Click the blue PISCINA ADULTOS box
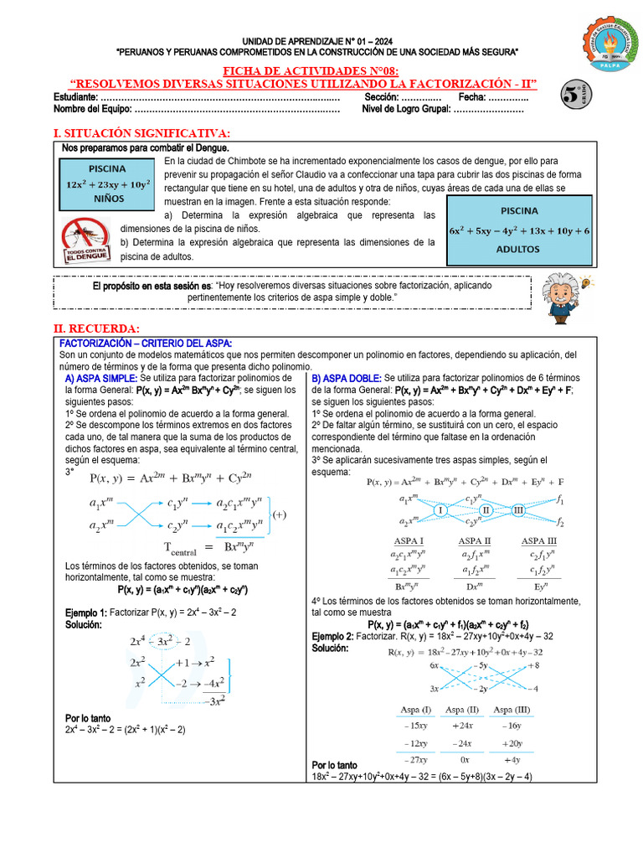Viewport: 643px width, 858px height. pyautogui.click(x=519, y=230)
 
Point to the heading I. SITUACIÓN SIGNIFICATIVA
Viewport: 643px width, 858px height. pyautogui.click(x=141, y=134)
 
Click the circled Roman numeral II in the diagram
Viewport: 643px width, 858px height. pyautogui.click(x=486, y=510)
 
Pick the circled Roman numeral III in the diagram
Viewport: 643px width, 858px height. pyautogui.click(x=518, y=510)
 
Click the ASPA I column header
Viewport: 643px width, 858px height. pyautogui.click(x=406, y=541)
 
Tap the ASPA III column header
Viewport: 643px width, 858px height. pyautogui.click(x=538, y=541)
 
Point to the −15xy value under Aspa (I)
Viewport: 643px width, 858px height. pyautogui.click(x=415, y=726)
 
